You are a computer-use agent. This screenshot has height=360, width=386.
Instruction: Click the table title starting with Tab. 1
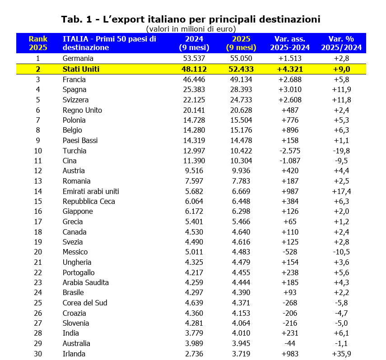coord(191,19)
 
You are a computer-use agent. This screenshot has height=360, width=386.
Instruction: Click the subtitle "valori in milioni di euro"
coord(191,29)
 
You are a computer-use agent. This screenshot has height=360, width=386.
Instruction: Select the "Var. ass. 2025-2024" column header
coord(289,43)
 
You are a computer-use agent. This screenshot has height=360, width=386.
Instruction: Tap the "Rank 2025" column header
coord(38,43)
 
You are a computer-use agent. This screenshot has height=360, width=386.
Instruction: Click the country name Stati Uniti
coord(81,69)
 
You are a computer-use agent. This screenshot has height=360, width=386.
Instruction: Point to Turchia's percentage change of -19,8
coord(342,151)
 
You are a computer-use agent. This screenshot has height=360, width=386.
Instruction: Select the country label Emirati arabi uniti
coord(91,191)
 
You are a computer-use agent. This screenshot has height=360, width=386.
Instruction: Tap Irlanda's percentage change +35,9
coord(342,354)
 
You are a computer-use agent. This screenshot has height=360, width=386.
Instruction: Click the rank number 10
coord(38,151)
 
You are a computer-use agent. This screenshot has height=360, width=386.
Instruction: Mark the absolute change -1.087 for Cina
coord(289,161)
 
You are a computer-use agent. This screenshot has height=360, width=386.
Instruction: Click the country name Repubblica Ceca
coord(89,201)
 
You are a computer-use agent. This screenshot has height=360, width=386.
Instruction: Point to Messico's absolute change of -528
coord(289,252)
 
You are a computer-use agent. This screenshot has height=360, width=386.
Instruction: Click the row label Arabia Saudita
coord(86,282)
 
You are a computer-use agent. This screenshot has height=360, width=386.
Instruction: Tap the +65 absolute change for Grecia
coord(289,222)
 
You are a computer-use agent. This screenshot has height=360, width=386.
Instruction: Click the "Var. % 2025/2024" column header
coord(342,43)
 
